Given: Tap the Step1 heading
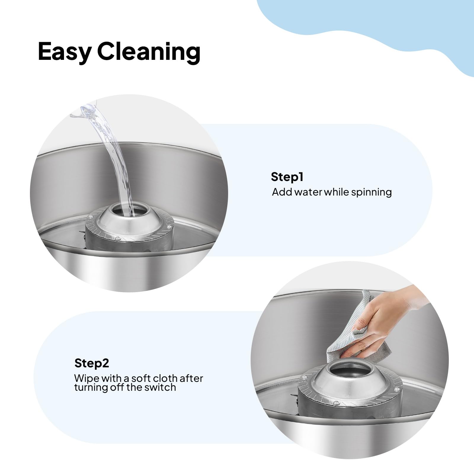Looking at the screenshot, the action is coord(287,177).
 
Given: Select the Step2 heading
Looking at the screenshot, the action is coord(92,363).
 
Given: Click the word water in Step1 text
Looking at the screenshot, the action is coord(308,192).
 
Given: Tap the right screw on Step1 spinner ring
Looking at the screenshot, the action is coord(169,219).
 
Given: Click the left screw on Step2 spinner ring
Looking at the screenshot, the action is coord(303,377).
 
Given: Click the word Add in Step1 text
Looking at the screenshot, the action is coord(282,192).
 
